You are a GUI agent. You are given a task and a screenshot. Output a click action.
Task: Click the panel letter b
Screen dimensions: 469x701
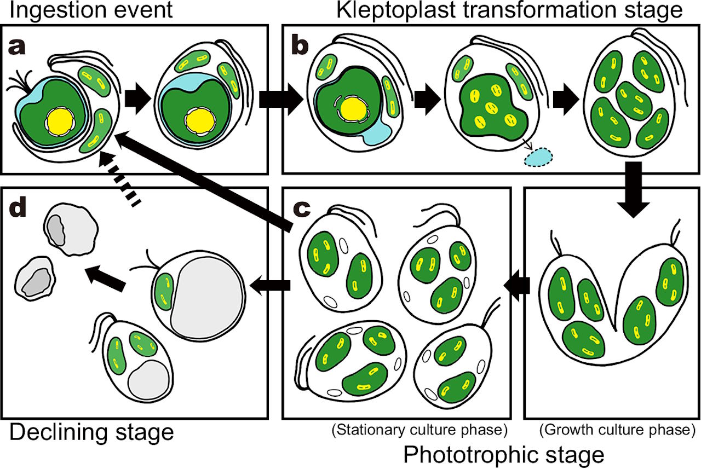[300, 47]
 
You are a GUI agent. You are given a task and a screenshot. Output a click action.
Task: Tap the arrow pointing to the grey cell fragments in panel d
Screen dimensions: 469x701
[107, 277]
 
